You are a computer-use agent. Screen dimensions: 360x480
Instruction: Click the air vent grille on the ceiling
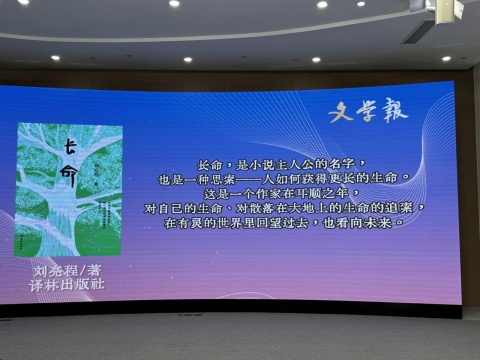(x=417, y=31)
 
